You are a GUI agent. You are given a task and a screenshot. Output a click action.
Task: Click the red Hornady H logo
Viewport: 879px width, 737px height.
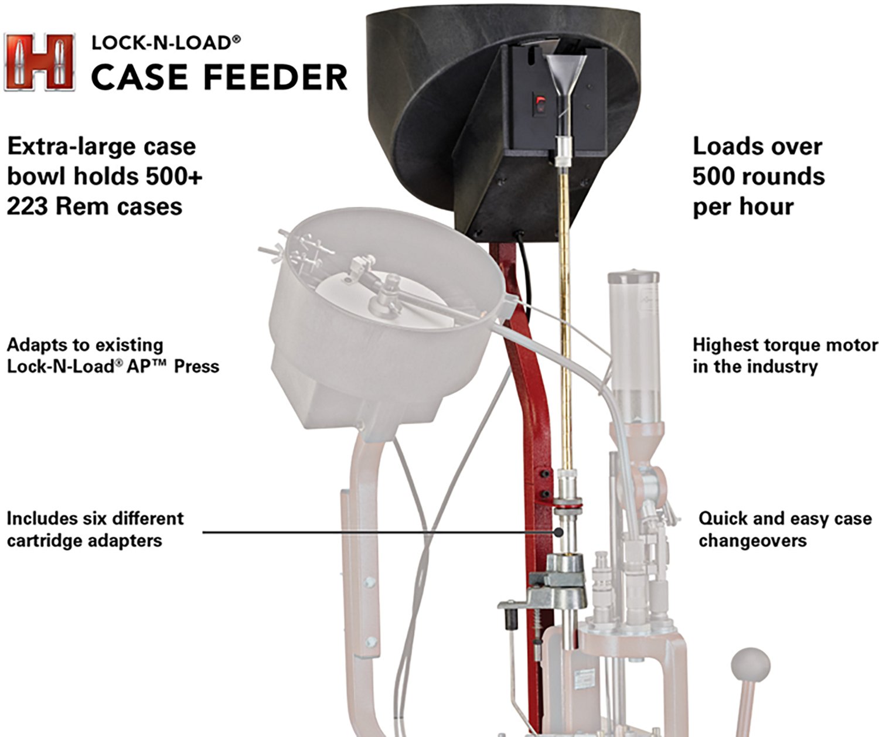39,62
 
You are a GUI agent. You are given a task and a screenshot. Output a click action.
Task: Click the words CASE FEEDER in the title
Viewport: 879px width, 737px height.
219,77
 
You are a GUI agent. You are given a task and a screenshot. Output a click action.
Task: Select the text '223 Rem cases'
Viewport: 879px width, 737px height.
94,207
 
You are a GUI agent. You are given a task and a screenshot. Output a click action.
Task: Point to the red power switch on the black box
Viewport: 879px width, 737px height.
540,105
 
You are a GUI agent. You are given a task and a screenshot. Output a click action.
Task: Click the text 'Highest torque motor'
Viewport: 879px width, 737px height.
785,345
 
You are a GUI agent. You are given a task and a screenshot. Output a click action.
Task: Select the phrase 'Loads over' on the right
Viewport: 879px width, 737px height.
757,146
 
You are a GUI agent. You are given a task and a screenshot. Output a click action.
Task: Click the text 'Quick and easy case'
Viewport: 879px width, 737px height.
785,518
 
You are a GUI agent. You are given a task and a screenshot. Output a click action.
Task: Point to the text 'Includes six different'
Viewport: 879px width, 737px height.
95,518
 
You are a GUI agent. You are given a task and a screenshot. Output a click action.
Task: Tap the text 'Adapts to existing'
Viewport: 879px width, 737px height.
85,345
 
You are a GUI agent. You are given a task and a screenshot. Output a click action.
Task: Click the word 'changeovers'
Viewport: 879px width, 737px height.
752,540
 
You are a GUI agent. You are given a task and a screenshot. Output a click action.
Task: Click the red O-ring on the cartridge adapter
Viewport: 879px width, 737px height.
567,503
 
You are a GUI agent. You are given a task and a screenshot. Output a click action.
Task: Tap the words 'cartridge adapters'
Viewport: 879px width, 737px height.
84,540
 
